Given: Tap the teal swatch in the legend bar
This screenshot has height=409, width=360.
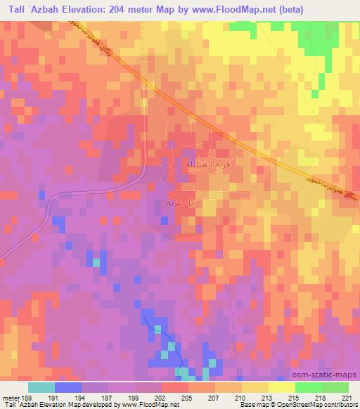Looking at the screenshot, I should (x=41, y=387).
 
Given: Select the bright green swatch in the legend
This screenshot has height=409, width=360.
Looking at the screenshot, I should (x=309, y=387).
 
